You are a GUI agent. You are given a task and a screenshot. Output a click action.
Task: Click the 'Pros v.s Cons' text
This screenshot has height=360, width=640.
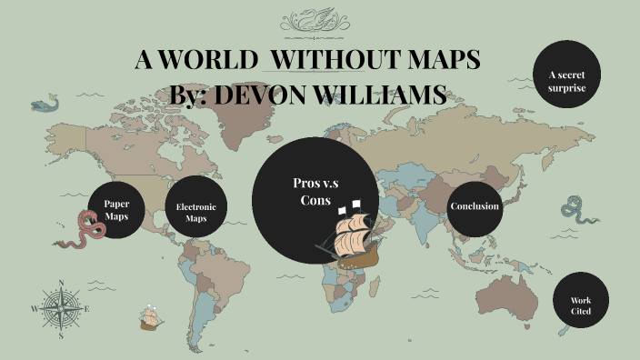tap(315, 191)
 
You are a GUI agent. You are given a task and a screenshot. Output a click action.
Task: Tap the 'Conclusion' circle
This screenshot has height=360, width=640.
tap(474, 206)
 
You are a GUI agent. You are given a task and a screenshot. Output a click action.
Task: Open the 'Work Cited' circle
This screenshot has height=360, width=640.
tap(581, 305)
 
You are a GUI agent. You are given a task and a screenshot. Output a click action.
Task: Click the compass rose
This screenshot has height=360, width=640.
tap(61, 308)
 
